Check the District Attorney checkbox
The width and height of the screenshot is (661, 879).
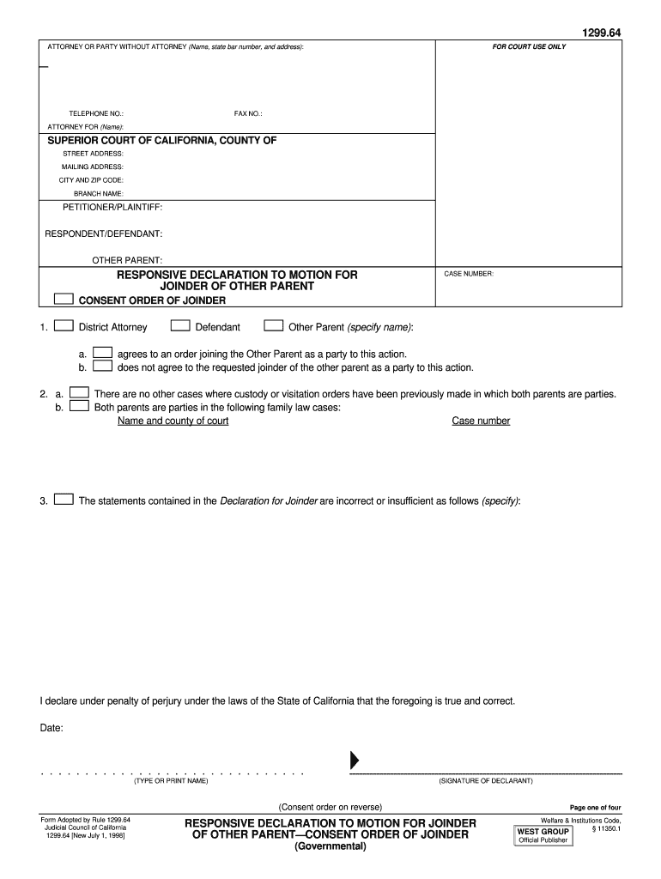click(63, 326)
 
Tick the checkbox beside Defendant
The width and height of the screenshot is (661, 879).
click(180, 326)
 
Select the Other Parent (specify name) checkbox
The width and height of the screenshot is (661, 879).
click(274, 326)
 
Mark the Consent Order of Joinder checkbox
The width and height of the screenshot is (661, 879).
click(63, 300)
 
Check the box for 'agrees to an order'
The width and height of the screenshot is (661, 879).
click(103, 353)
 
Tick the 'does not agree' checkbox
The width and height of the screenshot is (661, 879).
click(103, 367)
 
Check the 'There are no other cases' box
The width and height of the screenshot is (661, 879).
click(79, 393)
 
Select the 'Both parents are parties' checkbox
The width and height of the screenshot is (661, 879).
click(79, 407)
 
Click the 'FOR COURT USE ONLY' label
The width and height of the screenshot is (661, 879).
click(529, 46)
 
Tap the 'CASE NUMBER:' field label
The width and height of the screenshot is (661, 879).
click(468, 275)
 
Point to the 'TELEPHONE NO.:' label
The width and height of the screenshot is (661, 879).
click(96, 113)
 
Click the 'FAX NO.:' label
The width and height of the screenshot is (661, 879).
click(248, 113)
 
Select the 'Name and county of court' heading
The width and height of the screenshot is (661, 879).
click(173, 421)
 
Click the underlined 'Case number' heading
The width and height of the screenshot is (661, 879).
click(481, 421)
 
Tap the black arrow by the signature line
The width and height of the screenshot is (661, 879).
click(354, 761)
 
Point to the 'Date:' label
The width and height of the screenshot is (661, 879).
click(52, 729)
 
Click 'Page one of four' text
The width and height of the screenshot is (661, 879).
click(595, 808)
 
